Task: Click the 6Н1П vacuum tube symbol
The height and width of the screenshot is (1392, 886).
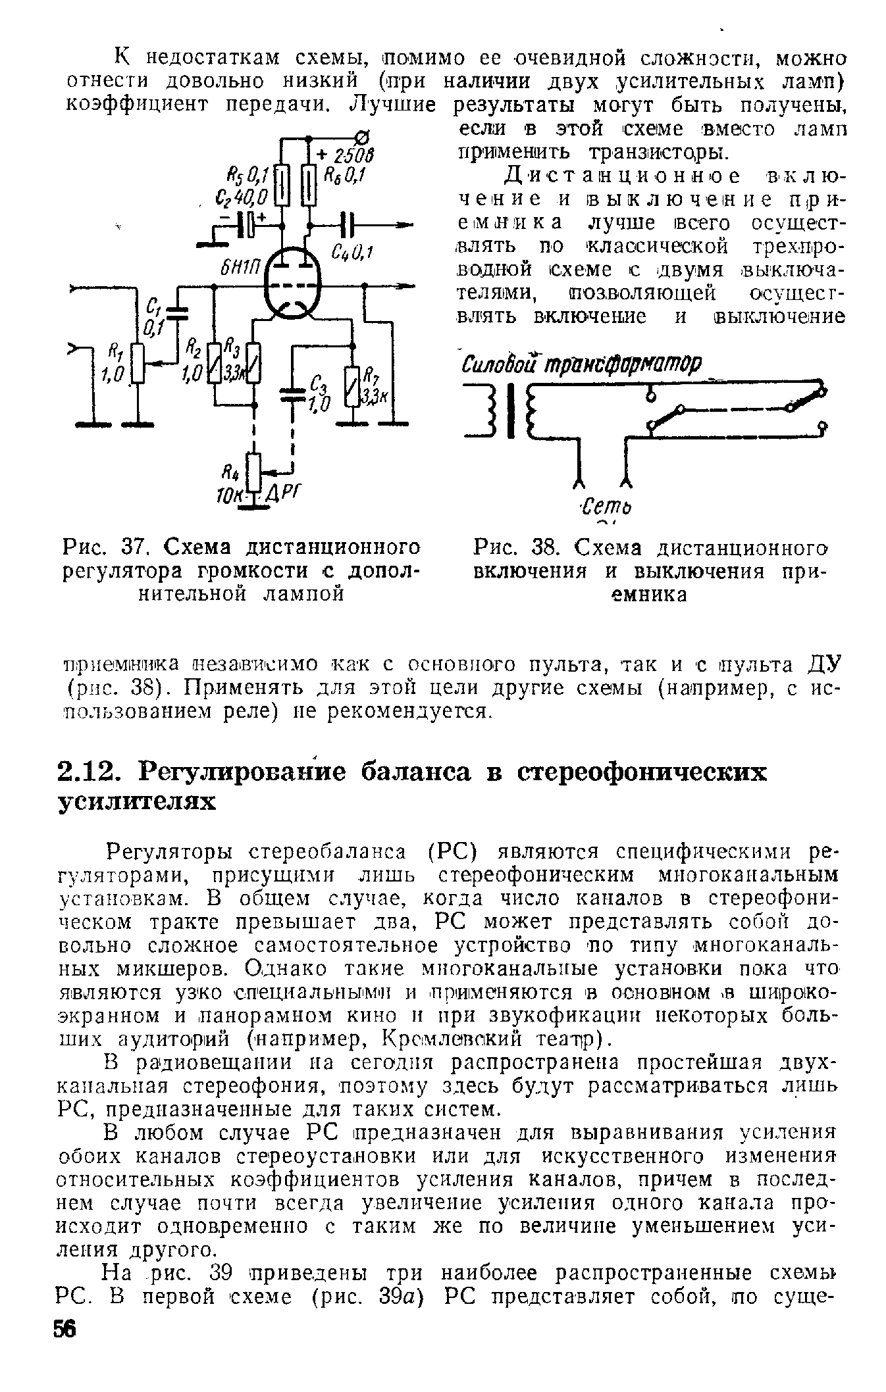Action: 291,286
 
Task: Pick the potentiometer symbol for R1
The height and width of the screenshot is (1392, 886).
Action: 138,362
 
